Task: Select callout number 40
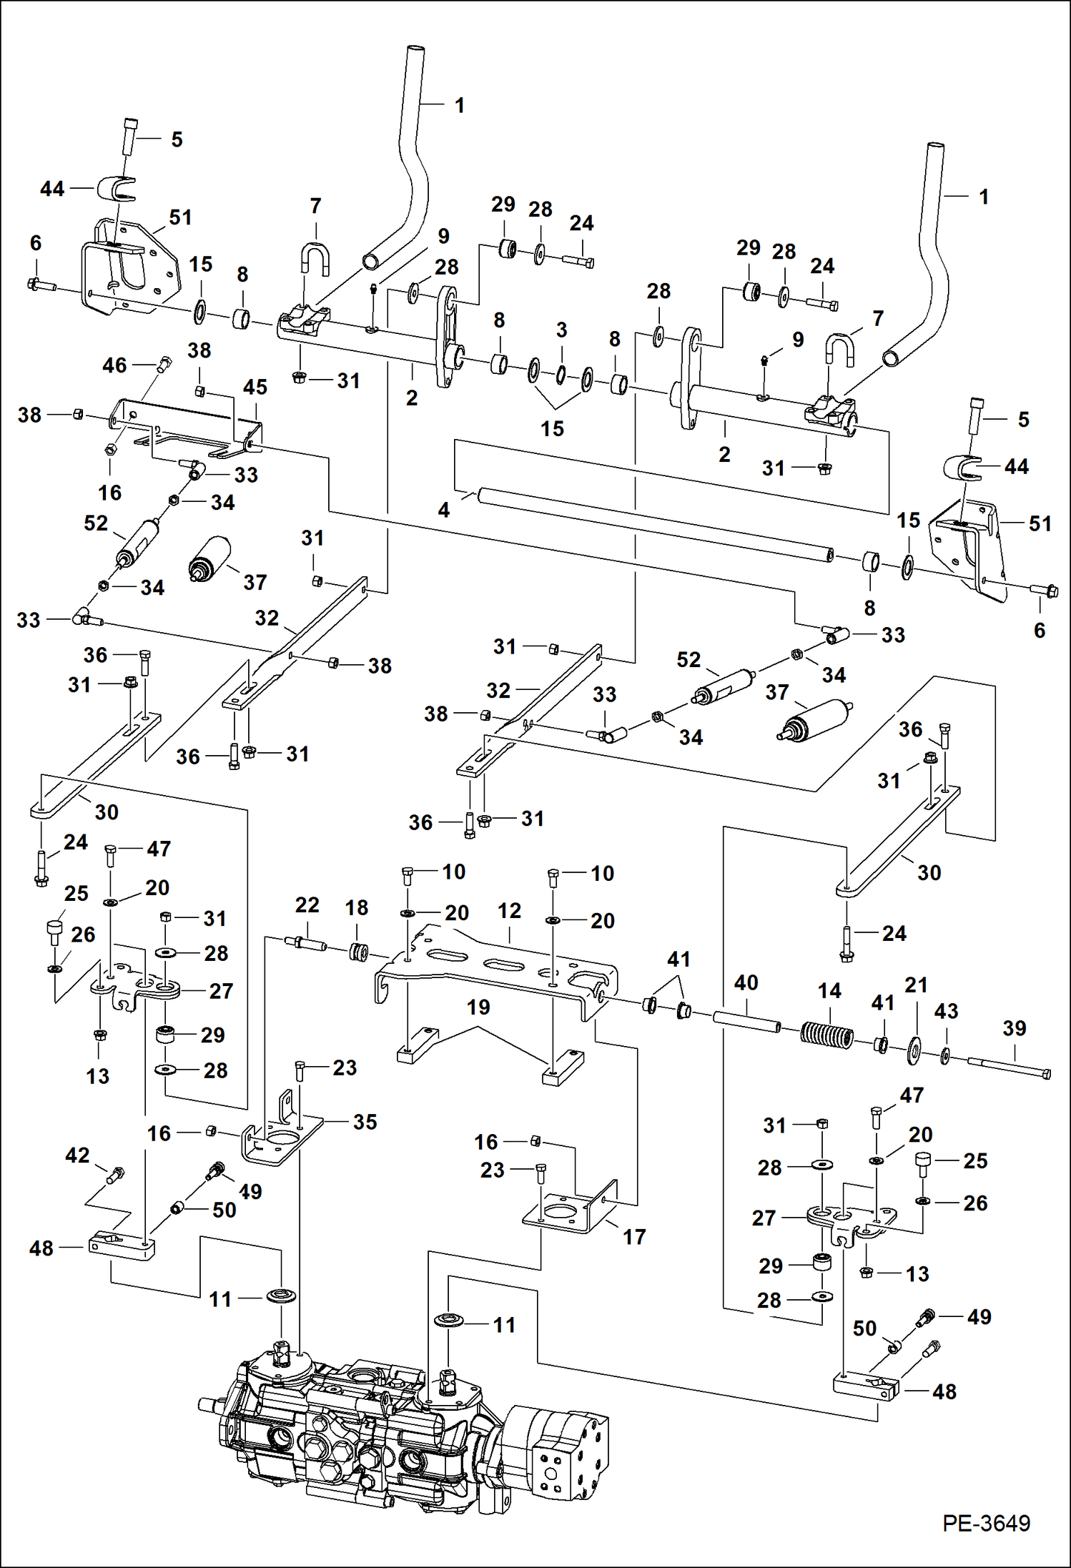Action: [x=746, y=982]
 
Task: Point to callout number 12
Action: [x=509, y=910]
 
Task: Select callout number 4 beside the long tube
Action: [x=444, y=510]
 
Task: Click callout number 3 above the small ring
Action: [x=562, y=330]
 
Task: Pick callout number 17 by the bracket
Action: [x=633, y=1236]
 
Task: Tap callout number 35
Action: [x=365, y=1122]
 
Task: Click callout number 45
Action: [x=255, y=387]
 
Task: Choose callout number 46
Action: [x=114, y=365]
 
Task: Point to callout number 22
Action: [x=307, y=904]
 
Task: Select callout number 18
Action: [x=356, y=907]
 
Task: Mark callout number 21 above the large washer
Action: [x=916, y=985]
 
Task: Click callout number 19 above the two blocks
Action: [x=478, y=1007]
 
